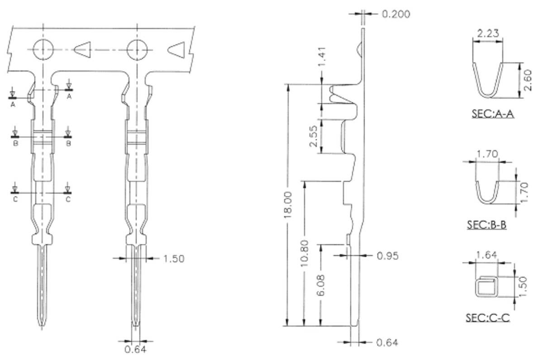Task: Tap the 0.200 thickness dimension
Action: tap(396, 14)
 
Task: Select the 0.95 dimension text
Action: tap(387, 256)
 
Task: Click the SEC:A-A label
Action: tap(493, 114)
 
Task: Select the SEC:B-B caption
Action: tap(486, 224)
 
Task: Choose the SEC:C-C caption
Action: tap(487, 318)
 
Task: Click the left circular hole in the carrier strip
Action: tap(43, 48)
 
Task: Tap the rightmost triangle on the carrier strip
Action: tap(177, 50)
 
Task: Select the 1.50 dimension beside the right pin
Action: tap(174, 259)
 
